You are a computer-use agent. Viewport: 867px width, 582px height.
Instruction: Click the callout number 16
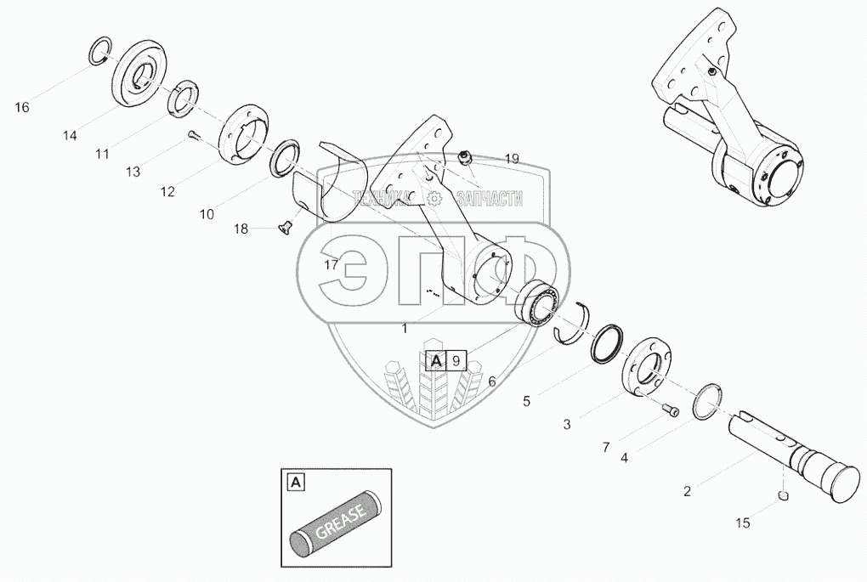[22, 107]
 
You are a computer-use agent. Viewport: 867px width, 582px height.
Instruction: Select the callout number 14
[69, 135]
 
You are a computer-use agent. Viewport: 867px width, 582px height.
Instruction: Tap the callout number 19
[511, 158]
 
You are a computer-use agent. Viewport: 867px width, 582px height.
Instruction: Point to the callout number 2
[687, 490]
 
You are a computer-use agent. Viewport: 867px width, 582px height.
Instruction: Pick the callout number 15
[742, 523]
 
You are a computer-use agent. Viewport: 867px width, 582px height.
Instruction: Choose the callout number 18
[241, 229]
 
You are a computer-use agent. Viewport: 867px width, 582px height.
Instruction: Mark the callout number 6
[491, 381]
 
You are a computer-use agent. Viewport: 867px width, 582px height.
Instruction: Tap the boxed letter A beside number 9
[435, 361]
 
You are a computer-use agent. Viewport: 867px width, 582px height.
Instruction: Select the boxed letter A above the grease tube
[295, 483]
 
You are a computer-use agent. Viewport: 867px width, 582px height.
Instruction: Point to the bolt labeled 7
[671, 412]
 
